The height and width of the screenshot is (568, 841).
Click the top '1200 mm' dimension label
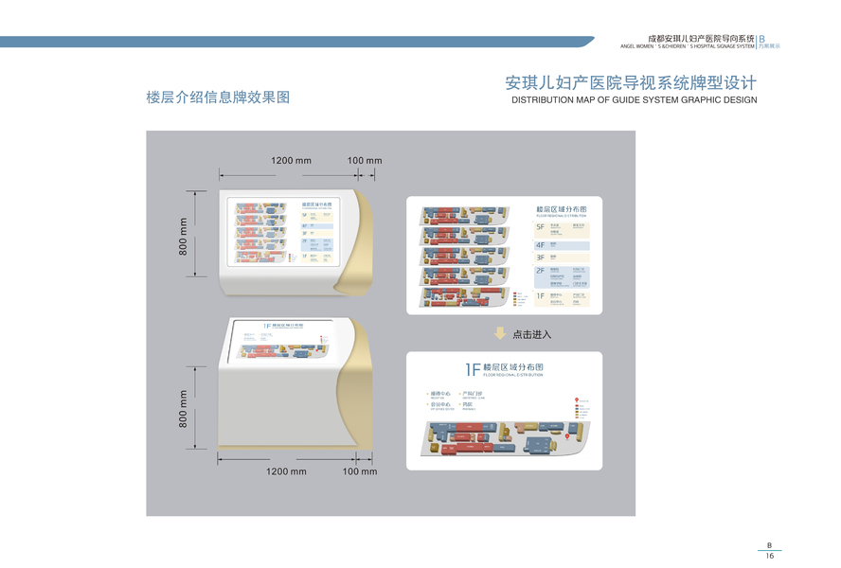coord(291,161)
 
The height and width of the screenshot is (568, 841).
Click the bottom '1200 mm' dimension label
coord(286,471)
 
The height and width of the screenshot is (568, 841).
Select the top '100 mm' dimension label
coord(365,161)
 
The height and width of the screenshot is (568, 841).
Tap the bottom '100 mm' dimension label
coord(360,471)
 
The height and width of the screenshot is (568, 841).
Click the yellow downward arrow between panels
coord(500,333)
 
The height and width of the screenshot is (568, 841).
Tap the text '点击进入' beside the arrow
coord(531,334)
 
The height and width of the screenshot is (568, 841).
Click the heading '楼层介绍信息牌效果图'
coord(218,98)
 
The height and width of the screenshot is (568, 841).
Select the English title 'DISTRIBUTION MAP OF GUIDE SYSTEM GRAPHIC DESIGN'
coord(634,99)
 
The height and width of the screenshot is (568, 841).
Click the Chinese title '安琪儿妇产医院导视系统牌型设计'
coord(631,83)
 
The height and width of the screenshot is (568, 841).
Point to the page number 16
coord(770,557)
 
